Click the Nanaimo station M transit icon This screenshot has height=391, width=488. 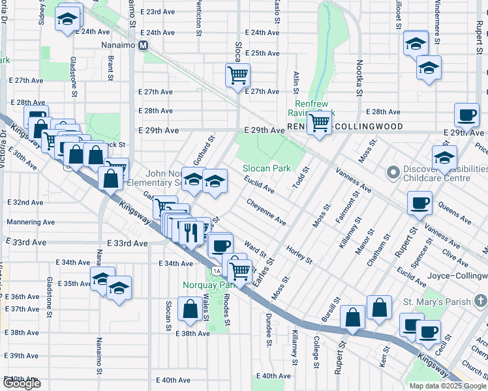[149, 45]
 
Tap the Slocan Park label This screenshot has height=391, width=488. [267, 168]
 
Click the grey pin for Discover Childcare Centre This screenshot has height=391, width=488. [392, 173]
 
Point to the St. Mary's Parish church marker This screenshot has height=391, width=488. [481, 301]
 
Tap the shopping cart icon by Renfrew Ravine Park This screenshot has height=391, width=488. [319, 122]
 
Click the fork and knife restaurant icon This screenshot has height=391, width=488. [191, 233]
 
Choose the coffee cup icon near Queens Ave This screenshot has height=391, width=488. [420, 202]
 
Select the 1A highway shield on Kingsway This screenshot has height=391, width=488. [217, 270]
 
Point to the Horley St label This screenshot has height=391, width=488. [299, 254]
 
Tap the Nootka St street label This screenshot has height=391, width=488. [359, 77]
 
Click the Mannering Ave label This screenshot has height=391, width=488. [23, 222]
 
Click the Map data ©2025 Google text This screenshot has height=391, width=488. [447, 386]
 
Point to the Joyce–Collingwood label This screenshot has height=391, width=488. [457, 276]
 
